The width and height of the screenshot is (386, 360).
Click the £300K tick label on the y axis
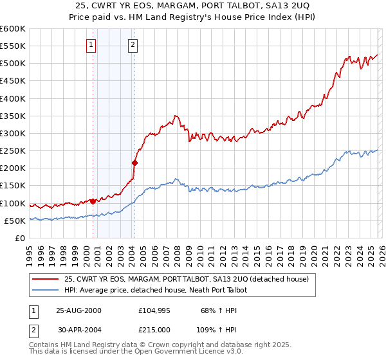(x=12, y=134)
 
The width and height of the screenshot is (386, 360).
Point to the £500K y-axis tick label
(x=12, y=64)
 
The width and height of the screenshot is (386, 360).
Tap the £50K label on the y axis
(x=14, y=221)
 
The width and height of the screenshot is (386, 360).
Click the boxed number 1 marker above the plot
(x=91, y=45)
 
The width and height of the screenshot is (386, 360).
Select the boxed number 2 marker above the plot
(x=133, y=45)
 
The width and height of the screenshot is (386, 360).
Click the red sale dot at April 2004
(x=135, y=163)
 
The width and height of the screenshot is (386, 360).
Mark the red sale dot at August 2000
(x=93, y=201)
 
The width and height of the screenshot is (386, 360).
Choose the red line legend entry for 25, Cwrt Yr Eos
(x=187, y=279)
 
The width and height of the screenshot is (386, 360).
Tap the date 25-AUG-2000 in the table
(x=78, y=310)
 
